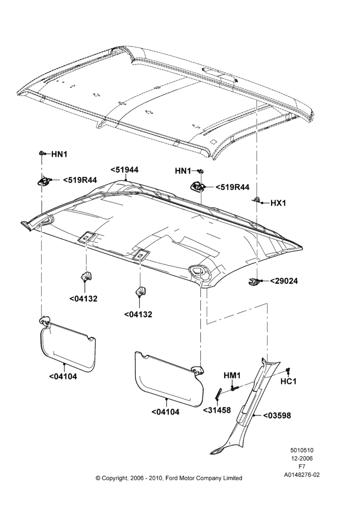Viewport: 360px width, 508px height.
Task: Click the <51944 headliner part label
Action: click(125, 170)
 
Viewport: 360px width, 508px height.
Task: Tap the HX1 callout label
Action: click(278, 203)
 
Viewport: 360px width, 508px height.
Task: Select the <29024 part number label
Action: click(284, 281)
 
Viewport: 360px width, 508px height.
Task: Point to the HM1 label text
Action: click(232, 375)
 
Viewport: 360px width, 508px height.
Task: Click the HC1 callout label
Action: click(288, 382)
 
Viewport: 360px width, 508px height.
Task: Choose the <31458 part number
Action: click(217, 410)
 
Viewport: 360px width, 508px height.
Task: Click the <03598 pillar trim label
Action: click(277, 416)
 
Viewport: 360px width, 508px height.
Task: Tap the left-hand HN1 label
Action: click(59, 154)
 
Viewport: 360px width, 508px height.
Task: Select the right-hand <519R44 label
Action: click(232, 187)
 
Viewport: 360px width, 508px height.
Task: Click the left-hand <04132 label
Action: click(83, 299)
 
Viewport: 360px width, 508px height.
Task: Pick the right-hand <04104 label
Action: click(165, 412)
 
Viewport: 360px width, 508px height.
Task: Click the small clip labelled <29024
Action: click(253, 281)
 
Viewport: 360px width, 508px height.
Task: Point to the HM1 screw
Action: click(234, 387)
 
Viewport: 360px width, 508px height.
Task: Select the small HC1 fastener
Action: click(288, 371)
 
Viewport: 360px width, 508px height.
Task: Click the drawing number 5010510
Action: click(302, 450)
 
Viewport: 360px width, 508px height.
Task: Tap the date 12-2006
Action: click(302, 458)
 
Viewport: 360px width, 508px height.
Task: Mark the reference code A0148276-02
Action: click(302, 475)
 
